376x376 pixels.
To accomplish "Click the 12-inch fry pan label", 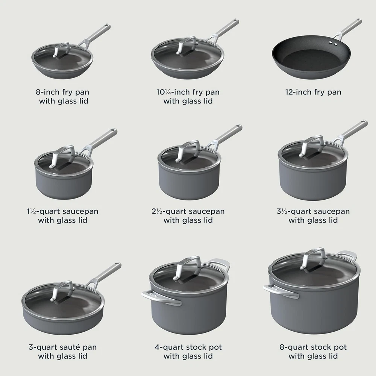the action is (313, 92).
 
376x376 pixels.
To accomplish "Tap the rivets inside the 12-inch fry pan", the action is (333, 43).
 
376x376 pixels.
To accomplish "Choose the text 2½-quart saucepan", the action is (188, 211).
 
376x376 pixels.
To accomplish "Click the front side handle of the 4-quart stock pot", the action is (161, 297).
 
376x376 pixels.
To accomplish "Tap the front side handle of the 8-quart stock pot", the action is (281, 291).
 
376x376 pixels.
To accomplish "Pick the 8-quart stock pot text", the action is (313, 347).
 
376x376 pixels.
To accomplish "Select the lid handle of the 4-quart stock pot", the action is (188, 268).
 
